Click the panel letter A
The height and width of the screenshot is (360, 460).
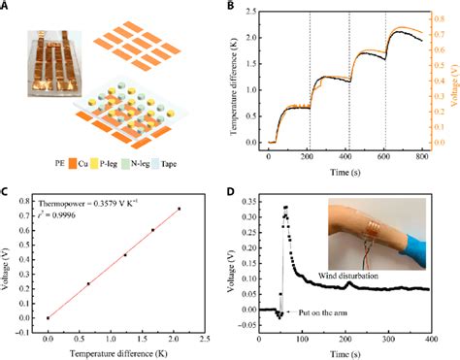8,7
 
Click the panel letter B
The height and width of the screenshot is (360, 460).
233,7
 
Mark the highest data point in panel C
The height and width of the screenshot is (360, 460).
179,209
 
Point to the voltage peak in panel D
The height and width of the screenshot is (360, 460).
285,207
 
